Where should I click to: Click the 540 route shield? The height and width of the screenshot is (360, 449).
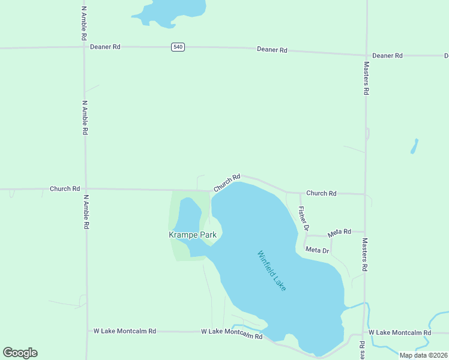[x=177, y=47]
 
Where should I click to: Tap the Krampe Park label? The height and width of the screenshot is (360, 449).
[x=192, y=235]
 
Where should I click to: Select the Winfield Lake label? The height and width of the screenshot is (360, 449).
[x=272, y=271]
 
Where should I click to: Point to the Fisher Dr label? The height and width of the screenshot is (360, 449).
[x=303, y=218]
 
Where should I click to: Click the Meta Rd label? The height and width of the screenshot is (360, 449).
[x=339, y=233]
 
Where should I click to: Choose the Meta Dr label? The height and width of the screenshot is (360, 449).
[x=318, y=250]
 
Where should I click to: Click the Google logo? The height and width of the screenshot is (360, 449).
[x=20, y=353]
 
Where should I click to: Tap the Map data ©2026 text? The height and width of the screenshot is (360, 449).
[x=423, y=355]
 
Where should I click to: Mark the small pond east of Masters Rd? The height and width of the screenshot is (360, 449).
[x=414, y=146]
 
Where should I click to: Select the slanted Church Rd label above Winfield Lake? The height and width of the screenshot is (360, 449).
[x=227, y=182]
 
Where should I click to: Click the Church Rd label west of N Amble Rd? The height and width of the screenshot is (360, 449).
[x=65, y=188]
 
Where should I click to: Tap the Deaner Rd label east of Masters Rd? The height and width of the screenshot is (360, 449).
[x=387, y=56]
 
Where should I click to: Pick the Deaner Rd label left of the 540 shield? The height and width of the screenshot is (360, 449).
[x=105, y=46]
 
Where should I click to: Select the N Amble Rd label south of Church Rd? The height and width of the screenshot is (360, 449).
[x=86, y=212]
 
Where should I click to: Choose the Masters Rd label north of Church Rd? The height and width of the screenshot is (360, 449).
[x=366, y=78]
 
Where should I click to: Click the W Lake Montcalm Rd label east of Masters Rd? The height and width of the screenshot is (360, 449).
[x=400, y=332]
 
